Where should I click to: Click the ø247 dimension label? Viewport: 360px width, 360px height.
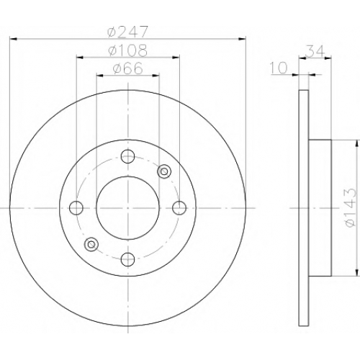127,32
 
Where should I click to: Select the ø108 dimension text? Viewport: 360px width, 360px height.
127,50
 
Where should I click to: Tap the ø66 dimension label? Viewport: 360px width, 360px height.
128,68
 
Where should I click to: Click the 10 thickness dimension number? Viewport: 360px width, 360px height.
279,68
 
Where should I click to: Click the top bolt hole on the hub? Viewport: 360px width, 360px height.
127,156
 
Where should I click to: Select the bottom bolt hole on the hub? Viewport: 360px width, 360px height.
127,259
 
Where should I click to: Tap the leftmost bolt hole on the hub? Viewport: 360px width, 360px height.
76,208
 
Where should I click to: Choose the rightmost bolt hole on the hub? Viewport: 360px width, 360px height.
179,208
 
